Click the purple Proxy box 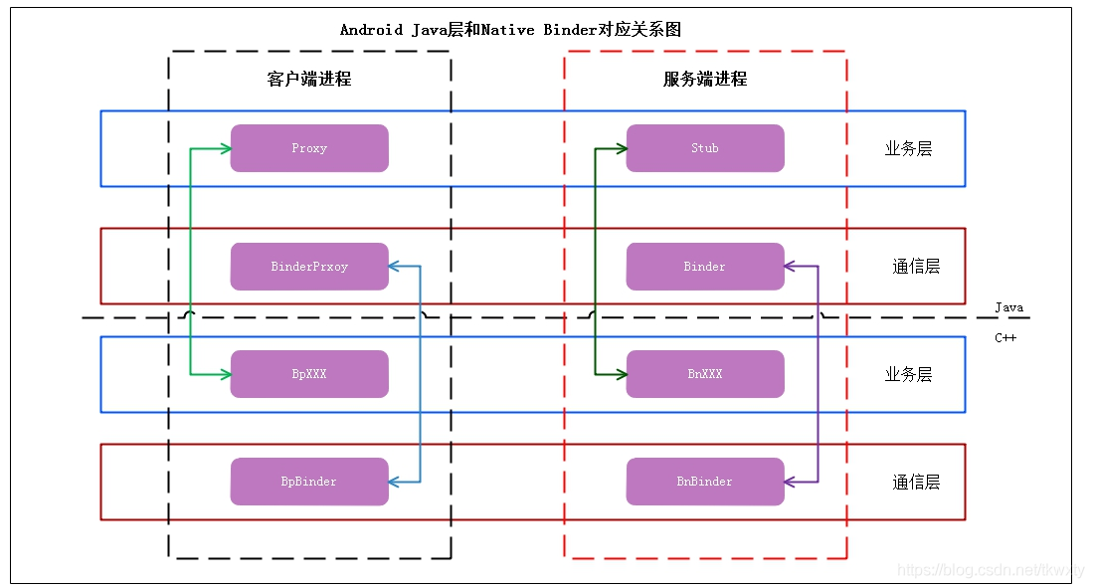(309, 148)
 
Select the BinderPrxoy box (309, 267)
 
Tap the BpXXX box (309, 374)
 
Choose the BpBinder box (309, 482)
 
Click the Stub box (705, 148)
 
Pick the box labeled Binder (705, 267)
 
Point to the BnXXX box (705, 374)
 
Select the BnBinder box (705, 482)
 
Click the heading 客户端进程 (309, 79)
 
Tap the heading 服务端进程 (705, 79)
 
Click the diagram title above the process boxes (510, 29)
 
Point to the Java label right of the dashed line (1008, 307)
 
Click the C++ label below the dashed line (1005, 338)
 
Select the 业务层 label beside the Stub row (908, 148)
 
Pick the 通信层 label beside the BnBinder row (916, 482)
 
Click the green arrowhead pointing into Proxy (225, 149)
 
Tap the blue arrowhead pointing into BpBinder (394, 482)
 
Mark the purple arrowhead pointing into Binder (790, 267)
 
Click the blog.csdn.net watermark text (990, 570)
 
